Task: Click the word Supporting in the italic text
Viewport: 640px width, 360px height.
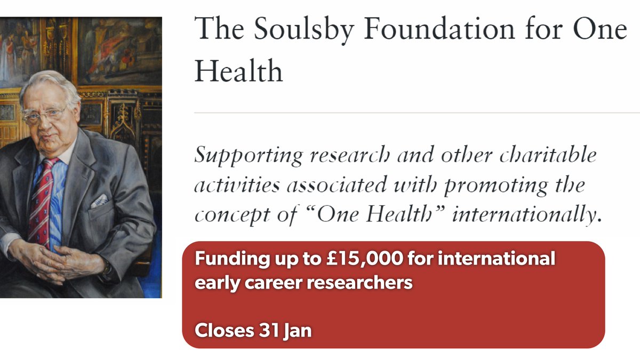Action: click(248, 156)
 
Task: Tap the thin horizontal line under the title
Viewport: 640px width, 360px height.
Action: click(416, 113)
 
